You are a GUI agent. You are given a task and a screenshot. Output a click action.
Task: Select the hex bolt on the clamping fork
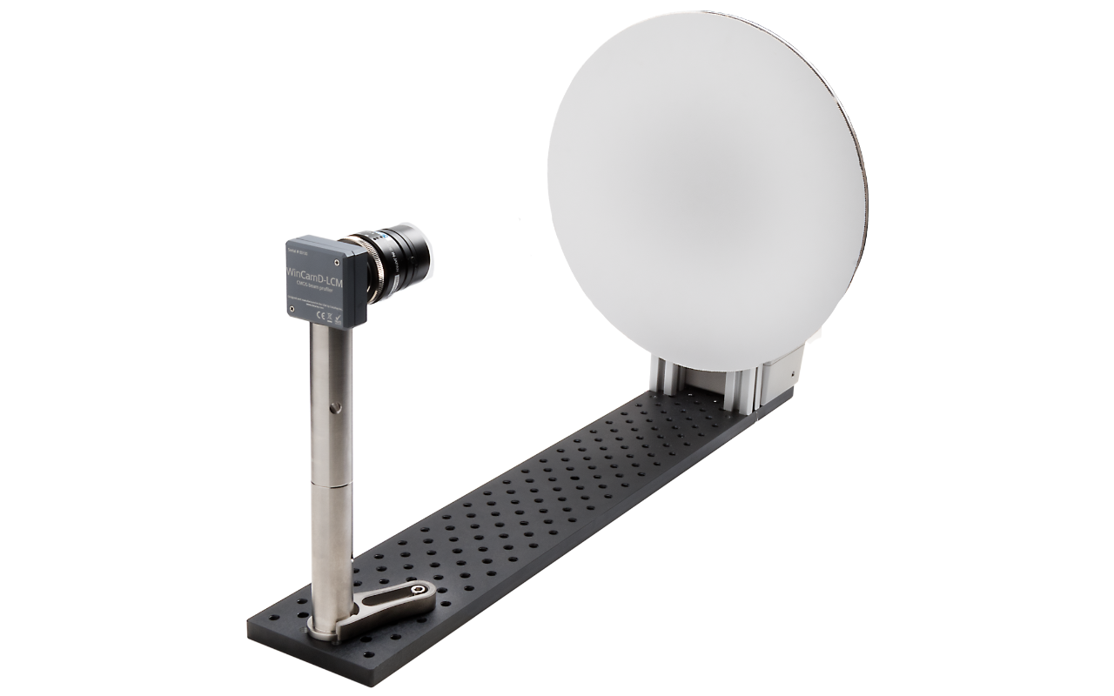coord(423,592)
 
